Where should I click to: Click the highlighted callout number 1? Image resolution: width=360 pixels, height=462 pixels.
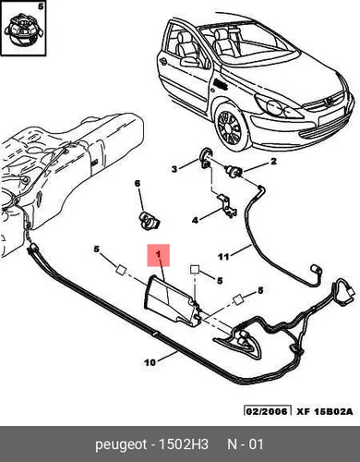159,254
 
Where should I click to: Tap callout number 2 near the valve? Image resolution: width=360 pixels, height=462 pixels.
273,161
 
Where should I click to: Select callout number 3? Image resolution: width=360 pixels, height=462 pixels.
174,169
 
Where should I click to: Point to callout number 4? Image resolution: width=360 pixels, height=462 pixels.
195,220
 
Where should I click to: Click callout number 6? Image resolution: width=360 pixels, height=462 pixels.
138,184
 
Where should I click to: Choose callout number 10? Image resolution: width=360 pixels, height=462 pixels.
150,362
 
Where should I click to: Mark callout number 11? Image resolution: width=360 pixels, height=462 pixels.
223,256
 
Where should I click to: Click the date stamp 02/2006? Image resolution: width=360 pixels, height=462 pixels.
268,411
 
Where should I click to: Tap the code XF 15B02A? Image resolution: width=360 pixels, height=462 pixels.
325,411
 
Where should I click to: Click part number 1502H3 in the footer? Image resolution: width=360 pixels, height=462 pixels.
183,444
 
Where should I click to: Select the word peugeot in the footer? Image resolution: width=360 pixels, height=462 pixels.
121,445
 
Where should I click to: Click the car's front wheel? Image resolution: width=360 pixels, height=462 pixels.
231,126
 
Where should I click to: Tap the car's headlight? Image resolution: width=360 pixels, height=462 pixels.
278,107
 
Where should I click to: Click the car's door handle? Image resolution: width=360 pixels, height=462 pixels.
162,61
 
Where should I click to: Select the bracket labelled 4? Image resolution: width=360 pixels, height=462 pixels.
227,205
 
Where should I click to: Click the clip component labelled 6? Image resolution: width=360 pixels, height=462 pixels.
149,219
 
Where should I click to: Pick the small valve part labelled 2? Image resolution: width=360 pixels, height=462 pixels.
234,170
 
